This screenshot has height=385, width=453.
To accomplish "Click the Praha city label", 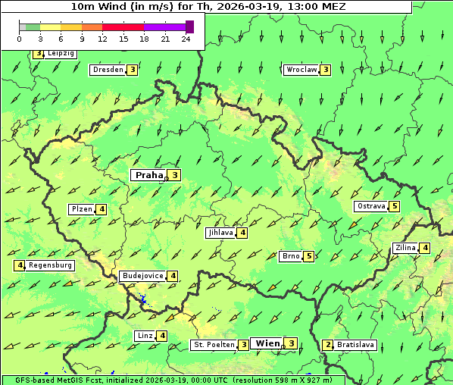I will click(x=148, y=175).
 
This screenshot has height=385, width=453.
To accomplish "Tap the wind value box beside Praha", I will click(x=175, y=175).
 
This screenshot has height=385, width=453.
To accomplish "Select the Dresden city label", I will click(x=108, y=70).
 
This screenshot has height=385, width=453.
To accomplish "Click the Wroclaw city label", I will click(x=301, y=70).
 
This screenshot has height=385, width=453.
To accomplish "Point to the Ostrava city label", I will click(x=371, y=206).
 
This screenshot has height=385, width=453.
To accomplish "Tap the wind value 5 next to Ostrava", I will click(x=395, y=206).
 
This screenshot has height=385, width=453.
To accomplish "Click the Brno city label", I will click(x=291, y=256).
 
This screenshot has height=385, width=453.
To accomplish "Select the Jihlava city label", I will click(x=220, y=233).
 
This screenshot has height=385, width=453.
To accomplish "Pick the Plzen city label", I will click(x=81, y=209).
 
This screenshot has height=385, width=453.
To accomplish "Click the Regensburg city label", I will click(x=51, y=265).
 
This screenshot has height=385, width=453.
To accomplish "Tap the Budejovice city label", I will click(x=142, y=276).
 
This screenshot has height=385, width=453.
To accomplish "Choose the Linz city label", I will click(x=145, y=336).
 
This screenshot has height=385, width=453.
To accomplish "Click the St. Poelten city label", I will click(x=213, y=345).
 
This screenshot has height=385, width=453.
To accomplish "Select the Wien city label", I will click(x=267, y=343).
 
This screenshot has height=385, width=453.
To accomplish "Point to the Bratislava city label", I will click(x=355, y=345).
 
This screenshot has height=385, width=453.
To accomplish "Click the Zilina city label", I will click(x=405, y=248).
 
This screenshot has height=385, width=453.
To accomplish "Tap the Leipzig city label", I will click(x=61, y=54).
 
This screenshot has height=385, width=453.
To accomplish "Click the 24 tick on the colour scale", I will click(x=186, y=39).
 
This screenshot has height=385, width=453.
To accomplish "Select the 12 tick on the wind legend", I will click(x=102, y=39).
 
